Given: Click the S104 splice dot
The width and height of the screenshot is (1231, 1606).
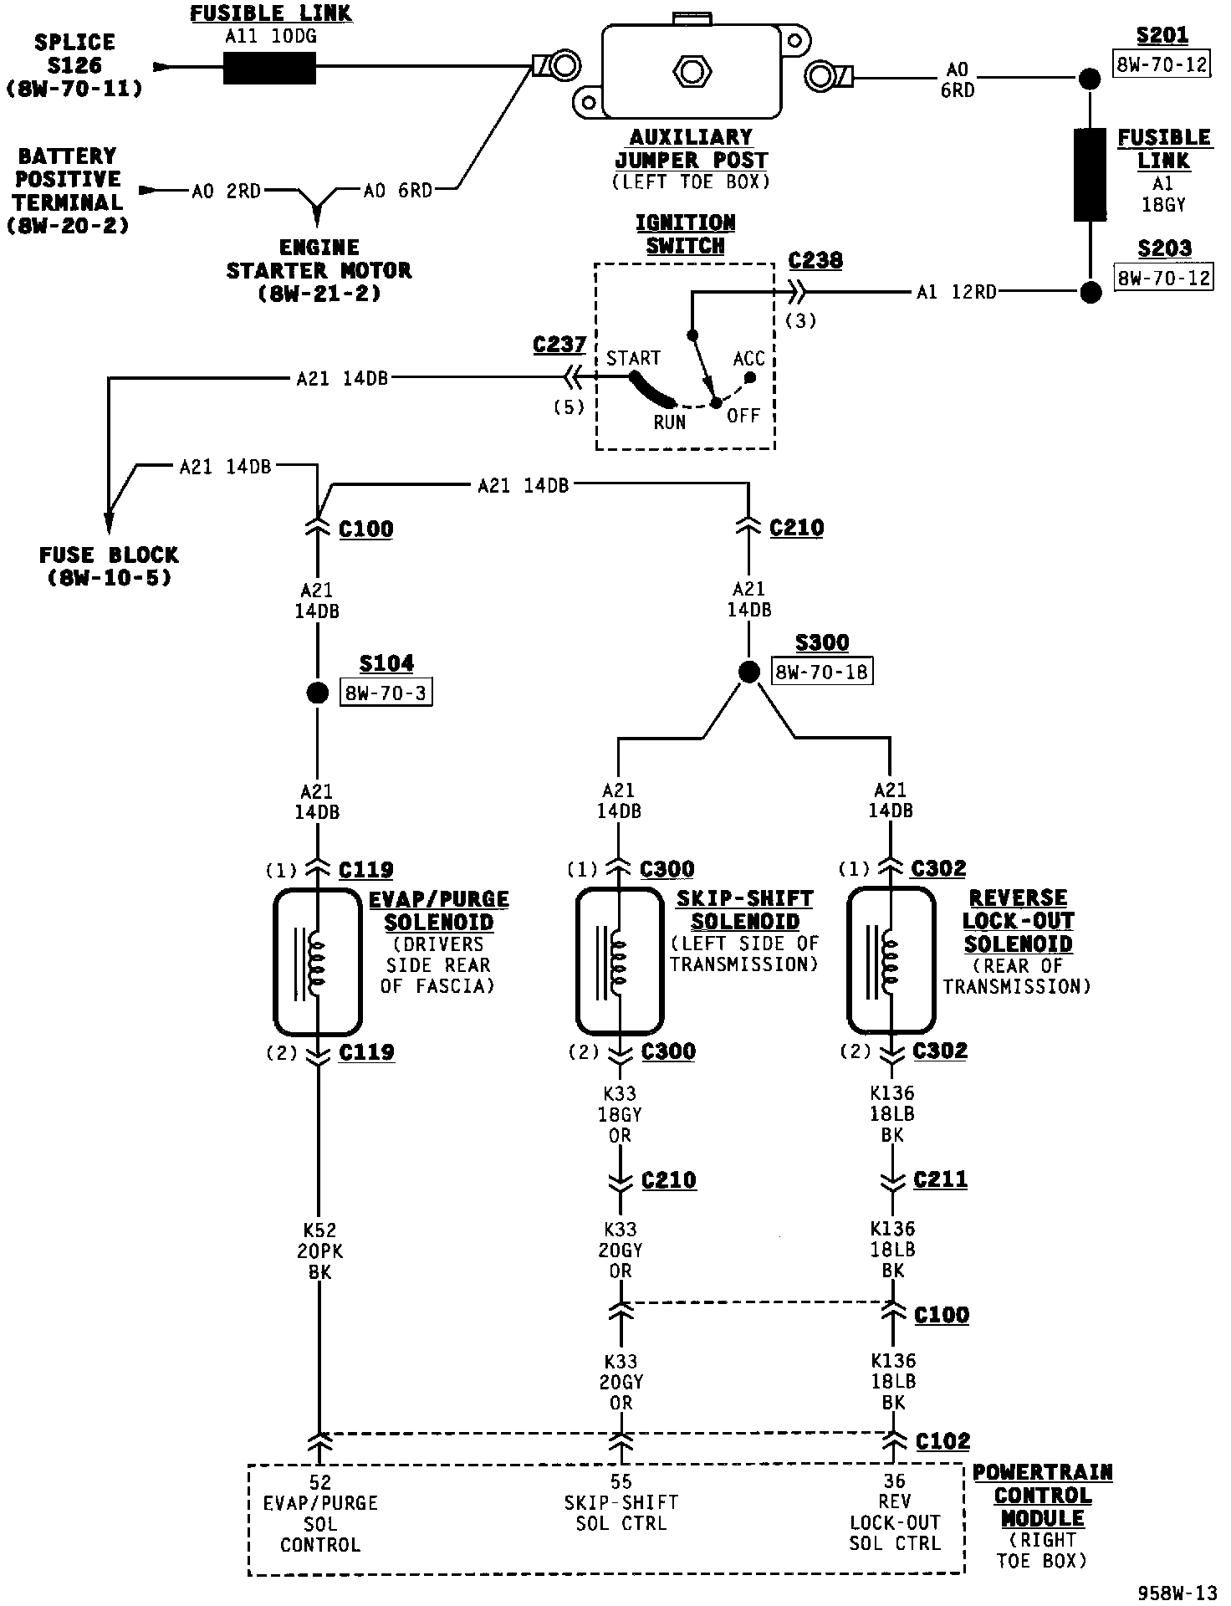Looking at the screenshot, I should click(317, 693).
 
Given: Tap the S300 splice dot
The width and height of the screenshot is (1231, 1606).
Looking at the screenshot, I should click(749, 672).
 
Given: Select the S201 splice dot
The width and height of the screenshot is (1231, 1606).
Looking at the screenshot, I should click(1090, 79).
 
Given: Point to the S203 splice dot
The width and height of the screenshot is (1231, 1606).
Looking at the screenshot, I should click(1091, 292).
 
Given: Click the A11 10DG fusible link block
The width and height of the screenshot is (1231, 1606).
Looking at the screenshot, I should click(269, 68).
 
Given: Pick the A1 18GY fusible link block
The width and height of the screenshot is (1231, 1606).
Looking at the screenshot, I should click(1091, 175).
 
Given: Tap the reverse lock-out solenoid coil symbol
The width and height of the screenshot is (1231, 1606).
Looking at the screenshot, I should click(890, 961).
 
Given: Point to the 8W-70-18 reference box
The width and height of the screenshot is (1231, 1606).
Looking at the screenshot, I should click(822, 672).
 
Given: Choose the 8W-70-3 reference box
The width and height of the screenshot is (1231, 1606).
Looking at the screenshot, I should click(386, 693).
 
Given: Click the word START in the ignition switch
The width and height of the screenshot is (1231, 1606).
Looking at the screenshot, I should click(633, 359).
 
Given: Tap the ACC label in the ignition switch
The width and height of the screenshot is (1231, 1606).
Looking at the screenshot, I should click(748, 359).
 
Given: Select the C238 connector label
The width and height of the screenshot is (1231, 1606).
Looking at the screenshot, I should click(815, 260).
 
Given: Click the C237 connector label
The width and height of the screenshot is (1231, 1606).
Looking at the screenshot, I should click(559, 345).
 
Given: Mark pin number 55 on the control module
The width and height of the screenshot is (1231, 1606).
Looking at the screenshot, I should click(621, 1482).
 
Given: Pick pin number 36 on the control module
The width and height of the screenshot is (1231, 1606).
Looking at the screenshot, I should click(894, 1481).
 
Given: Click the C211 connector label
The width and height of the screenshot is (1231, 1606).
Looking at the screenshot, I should click(940, 1179).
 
